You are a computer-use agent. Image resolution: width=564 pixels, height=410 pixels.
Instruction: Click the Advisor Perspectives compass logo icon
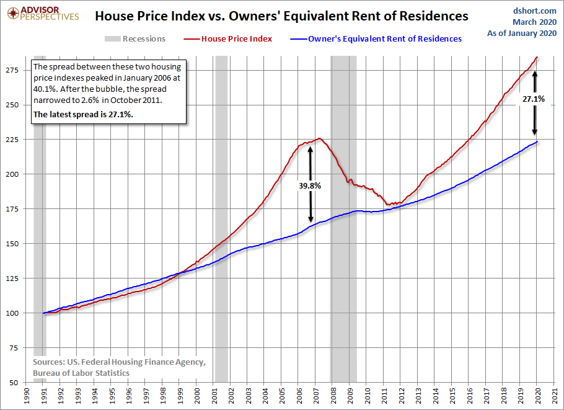click(13, 14)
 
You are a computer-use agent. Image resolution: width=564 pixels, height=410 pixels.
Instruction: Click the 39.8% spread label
click(310, 185)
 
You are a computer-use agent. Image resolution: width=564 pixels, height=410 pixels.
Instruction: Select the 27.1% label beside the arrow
click(534, 99)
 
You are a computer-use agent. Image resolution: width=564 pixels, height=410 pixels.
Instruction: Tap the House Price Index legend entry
click(227, 39)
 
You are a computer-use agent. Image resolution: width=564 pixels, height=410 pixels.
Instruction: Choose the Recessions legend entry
click(135, 39)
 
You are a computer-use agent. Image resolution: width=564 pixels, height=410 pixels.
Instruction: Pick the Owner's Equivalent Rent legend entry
click(376, 39)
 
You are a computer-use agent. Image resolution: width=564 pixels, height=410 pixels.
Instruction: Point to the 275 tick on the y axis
click(12, 70)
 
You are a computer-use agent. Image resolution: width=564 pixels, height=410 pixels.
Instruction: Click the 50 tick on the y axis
click(14, 383)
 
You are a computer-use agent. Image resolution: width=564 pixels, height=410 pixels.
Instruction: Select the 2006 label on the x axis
click(299, 396)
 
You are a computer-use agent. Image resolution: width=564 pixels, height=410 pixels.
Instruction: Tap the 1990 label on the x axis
click(26, 396)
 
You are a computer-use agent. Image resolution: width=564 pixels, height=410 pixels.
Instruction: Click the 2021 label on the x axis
click(554, 396)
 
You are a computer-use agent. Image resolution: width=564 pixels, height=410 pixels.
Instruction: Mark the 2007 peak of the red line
click(319, 138)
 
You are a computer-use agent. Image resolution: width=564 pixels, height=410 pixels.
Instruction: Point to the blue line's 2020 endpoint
click(537, 141)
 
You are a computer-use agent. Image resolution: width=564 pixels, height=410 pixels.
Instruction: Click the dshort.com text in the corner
click(535, 11)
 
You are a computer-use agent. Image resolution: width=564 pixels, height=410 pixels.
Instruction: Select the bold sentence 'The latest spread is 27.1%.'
click(83, 115)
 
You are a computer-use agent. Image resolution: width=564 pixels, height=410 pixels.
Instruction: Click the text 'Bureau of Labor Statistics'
click(81, 373)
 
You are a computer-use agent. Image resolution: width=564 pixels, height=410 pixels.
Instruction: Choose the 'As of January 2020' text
click(522, 33)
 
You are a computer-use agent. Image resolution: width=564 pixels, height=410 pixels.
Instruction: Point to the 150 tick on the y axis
click(12, 244)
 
